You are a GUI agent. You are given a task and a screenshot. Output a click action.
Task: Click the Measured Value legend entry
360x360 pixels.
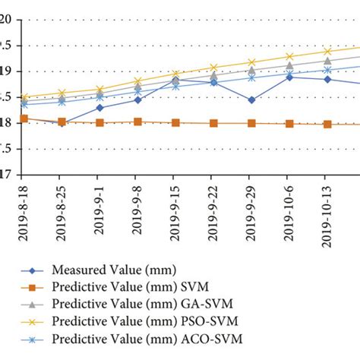click(101, 269)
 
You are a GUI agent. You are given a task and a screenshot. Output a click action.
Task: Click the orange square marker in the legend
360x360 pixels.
click(32, 286)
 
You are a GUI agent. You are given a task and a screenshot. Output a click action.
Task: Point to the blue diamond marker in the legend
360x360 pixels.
click(32, 270)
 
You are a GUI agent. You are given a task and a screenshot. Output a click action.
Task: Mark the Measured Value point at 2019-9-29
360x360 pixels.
click(251, 99)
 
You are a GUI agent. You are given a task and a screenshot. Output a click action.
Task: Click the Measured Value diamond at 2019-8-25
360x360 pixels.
click(62, 123)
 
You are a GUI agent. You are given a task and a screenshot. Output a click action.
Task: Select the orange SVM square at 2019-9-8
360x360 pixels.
click(137, 122)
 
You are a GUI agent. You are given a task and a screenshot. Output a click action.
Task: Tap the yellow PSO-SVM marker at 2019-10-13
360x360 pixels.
click(327, 52)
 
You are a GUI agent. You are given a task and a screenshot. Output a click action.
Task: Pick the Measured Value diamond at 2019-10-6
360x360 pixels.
click(289, 77)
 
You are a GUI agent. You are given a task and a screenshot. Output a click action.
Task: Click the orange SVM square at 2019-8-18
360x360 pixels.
click(24, 119)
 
